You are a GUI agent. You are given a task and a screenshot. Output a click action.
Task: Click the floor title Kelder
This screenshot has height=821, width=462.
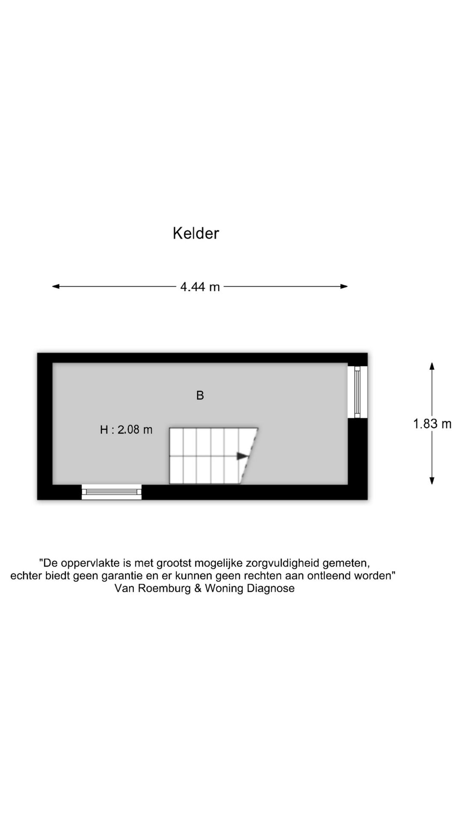196,233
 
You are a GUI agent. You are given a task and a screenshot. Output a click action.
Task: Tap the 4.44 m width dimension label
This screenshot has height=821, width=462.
200,286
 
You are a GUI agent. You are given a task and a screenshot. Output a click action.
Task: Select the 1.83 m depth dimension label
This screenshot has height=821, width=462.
432,424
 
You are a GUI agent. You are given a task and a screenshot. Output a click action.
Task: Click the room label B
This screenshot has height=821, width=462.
200,396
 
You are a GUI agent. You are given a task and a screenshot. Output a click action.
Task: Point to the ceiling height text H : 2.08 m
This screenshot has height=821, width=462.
126,430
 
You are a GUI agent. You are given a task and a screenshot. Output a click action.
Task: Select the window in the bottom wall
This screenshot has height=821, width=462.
112,492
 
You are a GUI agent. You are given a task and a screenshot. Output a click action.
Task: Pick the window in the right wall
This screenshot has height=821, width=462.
358,392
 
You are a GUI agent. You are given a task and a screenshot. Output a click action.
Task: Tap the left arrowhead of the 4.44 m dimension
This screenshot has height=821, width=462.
56,286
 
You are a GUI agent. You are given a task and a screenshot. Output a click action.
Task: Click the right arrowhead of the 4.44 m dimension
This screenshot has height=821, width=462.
344,286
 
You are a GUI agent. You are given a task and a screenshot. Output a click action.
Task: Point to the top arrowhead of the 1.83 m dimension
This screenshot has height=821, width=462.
432,366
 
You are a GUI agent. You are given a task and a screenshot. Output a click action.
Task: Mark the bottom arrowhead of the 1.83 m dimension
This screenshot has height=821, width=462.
432,481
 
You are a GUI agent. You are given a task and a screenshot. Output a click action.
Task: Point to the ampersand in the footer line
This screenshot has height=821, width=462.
198,588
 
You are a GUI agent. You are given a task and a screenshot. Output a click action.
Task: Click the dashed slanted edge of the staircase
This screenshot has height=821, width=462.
249,456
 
